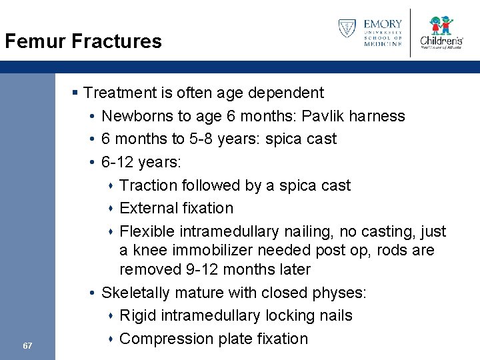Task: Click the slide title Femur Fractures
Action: pos(83,41)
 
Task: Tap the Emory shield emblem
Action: pos(347,29)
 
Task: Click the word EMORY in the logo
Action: pos(383,25)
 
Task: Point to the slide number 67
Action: pos(27,345)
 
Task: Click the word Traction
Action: pos(147,185)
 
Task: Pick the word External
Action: pos(147,208)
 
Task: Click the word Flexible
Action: pos(147,231)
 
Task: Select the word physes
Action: pos(337,293)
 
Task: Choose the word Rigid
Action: pos(137,316)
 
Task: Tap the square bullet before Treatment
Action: pos(77,93)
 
